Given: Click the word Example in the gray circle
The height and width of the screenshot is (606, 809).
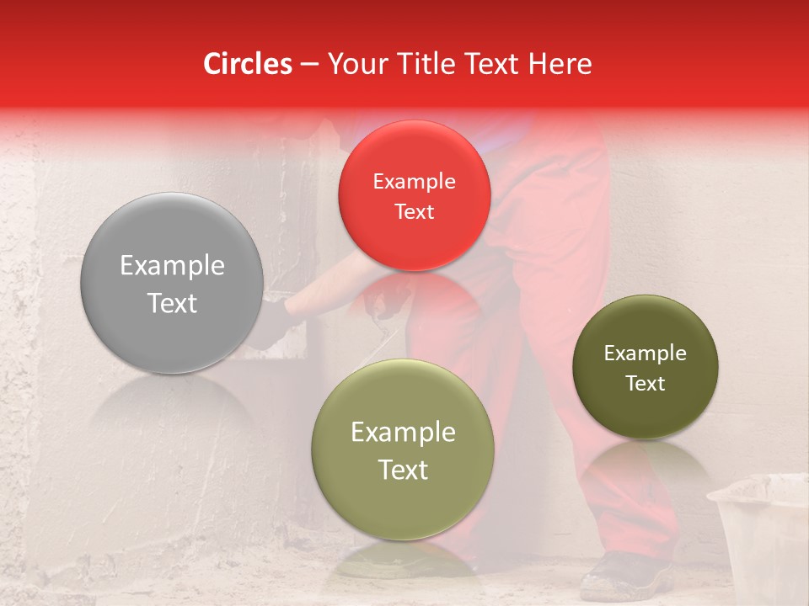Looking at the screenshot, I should click(x=172, y=266).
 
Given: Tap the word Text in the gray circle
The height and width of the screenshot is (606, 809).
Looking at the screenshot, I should click(x=172, y=303).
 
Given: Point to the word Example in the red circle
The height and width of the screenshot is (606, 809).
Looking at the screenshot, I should click(x=414, y=182).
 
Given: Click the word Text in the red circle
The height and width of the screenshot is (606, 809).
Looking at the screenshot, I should click(x=414, y=212).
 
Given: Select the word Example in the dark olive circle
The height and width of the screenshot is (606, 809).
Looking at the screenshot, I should click(x=646, y=353).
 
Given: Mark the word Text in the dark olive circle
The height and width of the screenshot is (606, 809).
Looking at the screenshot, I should click(x=646, y=384).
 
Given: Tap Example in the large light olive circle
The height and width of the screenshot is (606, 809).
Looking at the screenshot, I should click(x=403, y=433).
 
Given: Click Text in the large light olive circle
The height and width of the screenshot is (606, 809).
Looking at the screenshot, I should click(x=403, y=470).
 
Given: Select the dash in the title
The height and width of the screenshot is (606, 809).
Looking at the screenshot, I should click(x=308, y=65).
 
